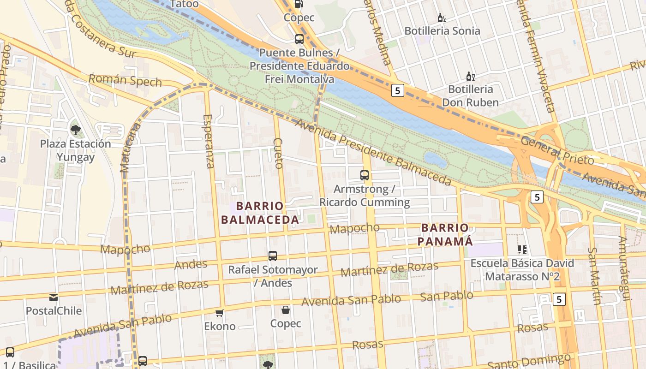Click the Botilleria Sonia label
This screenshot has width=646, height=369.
[442, 31]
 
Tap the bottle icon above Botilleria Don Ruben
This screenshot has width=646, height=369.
[470, 77]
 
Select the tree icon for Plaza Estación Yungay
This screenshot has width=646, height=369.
[75, 131]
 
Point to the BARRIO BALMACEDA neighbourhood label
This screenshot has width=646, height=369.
[260, 213]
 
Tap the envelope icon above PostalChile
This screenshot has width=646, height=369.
[54, 298]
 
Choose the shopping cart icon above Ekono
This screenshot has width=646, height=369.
[220, 313]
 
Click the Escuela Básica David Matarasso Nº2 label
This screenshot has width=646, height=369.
[522, 270]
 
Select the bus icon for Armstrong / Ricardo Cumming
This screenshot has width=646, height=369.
[365, 175]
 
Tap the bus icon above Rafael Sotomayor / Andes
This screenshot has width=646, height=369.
[273, 256]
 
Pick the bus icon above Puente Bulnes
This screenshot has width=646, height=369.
[299, 39]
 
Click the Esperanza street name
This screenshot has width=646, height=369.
[209, 141]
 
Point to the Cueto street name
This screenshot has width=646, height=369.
[278, 153]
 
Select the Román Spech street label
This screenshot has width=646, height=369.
[125, 81]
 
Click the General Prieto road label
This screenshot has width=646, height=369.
[557, 150]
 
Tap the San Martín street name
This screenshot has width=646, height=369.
[595, 276]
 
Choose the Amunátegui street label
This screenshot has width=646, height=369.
[624, 268]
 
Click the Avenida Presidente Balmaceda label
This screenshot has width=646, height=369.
[373, 152]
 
